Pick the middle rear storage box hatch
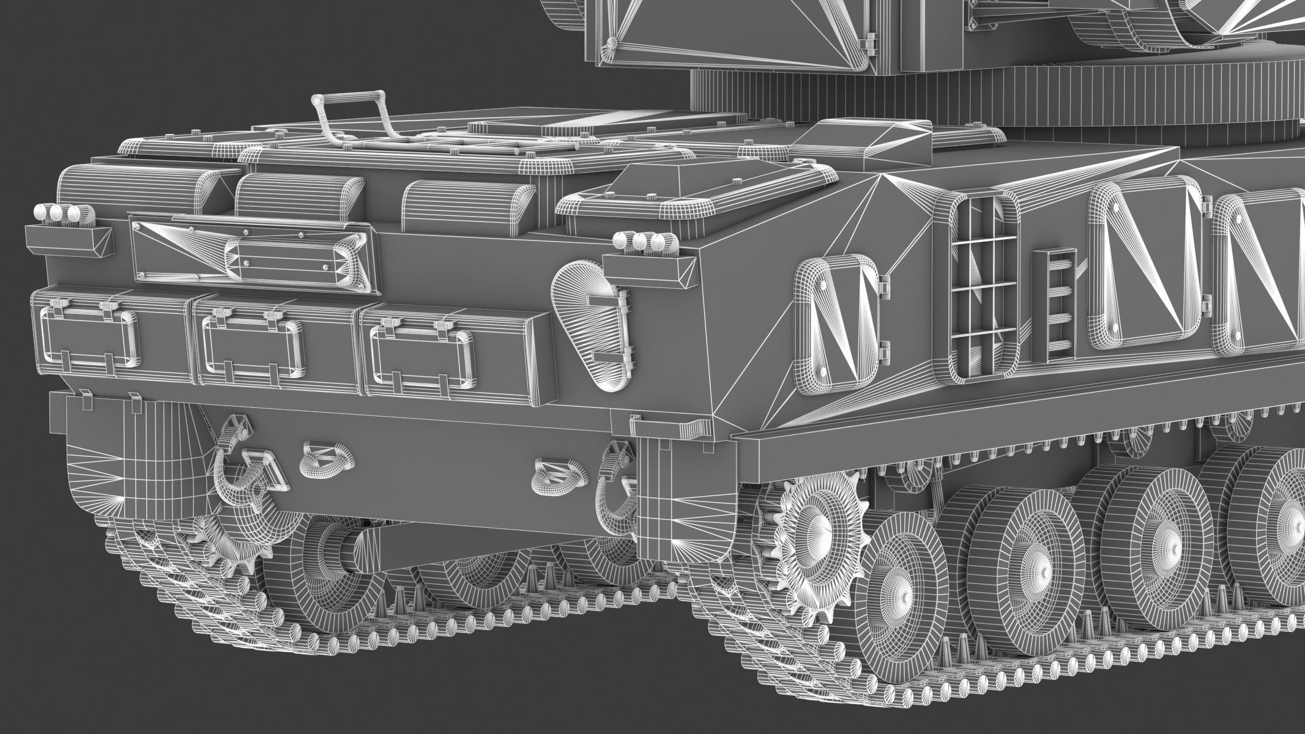pos(252,345)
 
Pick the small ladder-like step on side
pos(1054,305)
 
